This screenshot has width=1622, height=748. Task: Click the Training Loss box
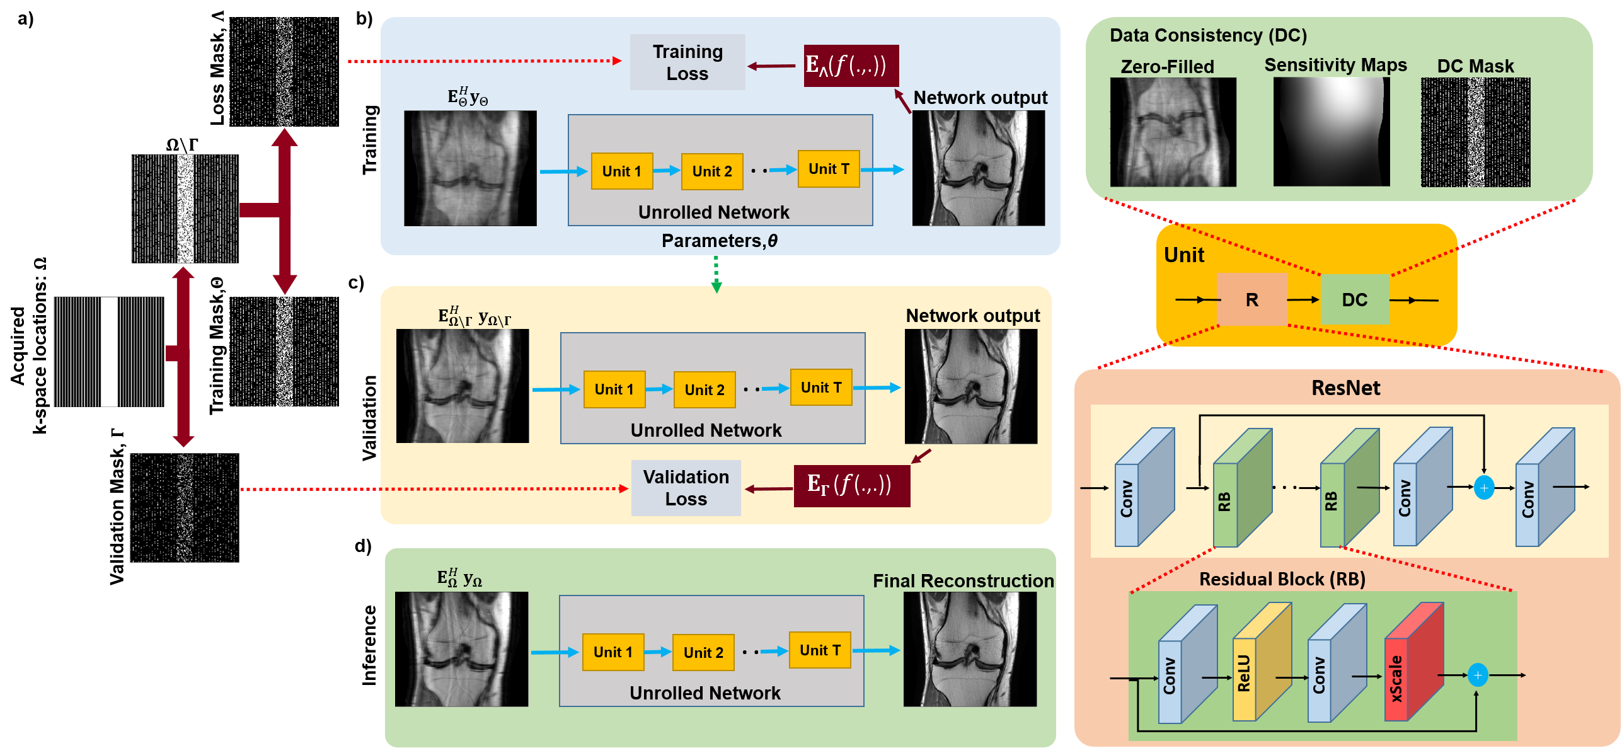687,62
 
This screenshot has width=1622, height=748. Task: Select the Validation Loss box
686,488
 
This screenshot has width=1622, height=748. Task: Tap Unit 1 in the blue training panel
621,171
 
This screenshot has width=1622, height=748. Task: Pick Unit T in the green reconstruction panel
820,650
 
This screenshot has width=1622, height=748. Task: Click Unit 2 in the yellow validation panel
705,390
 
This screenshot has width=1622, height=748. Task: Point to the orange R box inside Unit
1251,300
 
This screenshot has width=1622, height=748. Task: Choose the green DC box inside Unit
1354,300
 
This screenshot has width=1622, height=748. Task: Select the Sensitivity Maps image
1331,132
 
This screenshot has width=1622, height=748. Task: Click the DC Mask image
1475,132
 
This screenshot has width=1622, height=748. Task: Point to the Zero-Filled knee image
1173,132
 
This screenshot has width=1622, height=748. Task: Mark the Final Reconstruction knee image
970,649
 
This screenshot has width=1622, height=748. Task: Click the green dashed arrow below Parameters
716,274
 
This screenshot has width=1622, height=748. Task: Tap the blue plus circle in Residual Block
1478,676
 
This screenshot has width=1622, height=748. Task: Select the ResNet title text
1345,388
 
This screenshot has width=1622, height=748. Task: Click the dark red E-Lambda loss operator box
851,66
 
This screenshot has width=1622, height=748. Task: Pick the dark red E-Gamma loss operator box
851,486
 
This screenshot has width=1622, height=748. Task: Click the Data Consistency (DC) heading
1208,35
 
